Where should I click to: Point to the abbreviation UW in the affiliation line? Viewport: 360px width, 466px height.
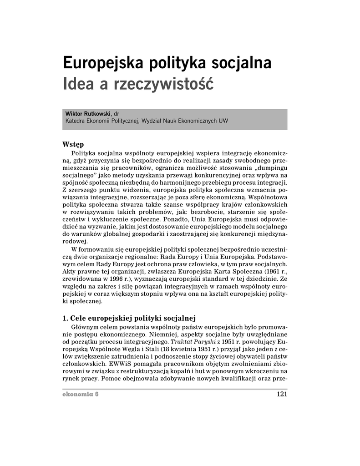pos(223,121)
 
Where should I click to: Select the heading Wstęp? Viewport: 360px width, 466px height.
pos(73,144)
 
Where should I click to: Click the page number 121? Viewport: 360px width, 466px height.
pos(282,394)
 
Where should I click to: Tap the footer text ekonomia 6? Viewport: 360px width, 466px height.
pos(81,394)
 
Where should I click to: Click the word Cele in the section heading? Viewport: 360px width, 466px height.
pos(78,317)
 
